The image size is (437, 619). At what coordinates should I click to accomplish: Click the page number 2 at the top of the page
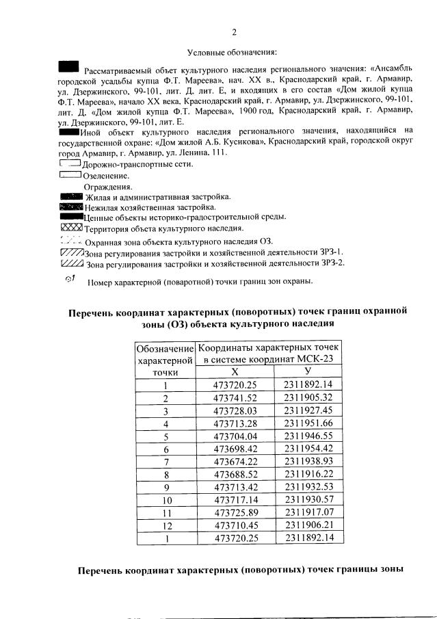click(234, 32)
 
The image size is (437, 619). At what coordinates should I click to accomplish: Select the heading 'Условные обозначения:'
click(232, 52)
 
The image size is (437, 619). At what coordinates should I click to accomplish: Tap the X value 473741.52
click(235, 397)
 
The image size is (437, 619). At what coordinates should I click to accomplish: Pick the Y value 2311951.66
click(308, 423)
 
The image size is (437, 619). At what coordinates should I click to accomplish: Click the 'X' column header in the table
click(235, 371)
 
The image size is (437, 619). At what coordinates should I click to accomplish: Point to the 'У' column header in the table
click(308, 371)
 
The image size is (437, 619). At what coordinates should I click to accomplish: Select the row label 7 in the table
click(165, 462)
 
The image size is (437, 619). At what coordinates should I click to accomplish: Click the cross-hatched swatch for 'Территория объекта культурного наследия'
click(71, 228)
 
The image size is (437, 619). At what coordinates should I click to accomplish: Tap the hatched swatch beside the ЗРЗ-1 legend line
click(71, 252)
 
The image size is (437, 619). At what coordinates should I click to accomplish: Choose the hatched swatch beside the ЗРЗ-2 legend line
click(71, 263)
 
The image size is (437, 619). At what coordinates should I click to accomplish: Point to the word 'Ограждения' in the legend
click(108, 187)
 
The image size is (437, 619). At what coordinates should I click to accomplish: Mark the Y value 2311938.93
click(308, 462)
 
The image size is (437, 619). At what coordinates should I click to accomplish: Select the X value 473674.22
click(235, 462)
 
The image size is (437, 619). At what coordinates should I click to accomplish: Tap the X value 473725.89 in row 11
click(235, 512)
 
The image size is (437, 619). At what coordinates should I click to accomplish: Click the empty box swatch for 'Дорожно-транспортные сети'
click(70, 164)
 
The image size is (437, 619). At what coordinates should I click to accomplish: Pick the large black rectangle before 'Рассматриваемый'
click(69, 67)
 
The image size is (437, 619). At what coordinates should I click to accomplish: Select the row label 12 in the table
click(165, 525)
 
